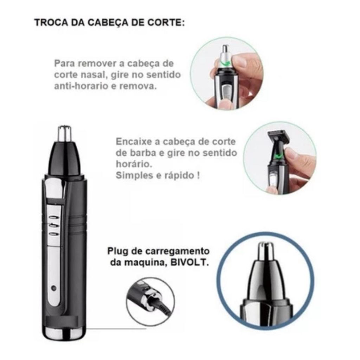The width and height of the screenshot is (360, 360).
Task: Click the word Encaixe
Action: (134, 141)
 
